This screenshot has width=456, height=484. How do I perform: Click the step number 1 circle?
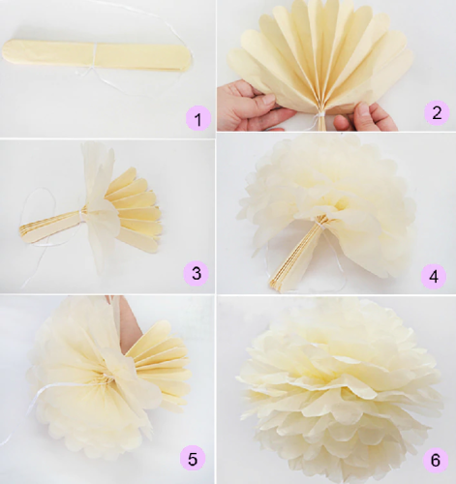(x=198, y=120)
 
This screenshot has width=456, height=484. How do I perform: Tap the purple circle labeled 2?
(x=436, y=112)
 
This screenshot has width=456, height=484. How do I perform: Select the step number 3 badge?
(x=198, y=274)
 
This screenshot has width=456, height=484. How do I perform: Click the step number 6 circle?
(x=435, y=459)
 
